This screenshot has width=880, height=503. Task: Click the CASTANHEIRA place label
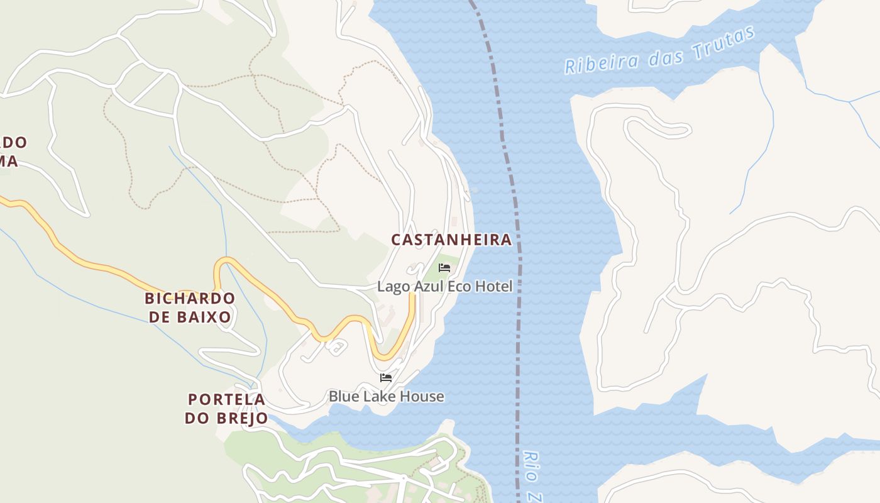451,240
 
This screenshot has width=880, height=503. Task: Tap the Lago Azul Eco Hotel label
445,287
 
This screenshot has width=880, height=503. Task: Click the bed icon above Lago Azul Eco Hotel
444,268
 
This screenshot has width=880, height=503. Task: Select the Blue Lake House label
386,397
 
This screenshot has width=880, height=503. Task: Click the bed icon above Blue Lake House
386,378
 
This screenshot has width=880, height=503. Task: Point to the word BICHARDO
190,298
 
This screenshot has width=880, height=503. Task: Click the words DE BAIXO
190,317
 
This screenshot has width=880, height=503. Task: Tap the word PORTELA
226,399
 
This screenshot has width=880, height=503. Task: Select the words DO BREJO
226,418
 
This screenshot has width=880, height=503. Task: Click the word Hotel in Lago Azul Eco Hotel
495,287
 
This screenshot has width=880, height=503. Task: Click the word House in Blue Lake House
422,397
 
